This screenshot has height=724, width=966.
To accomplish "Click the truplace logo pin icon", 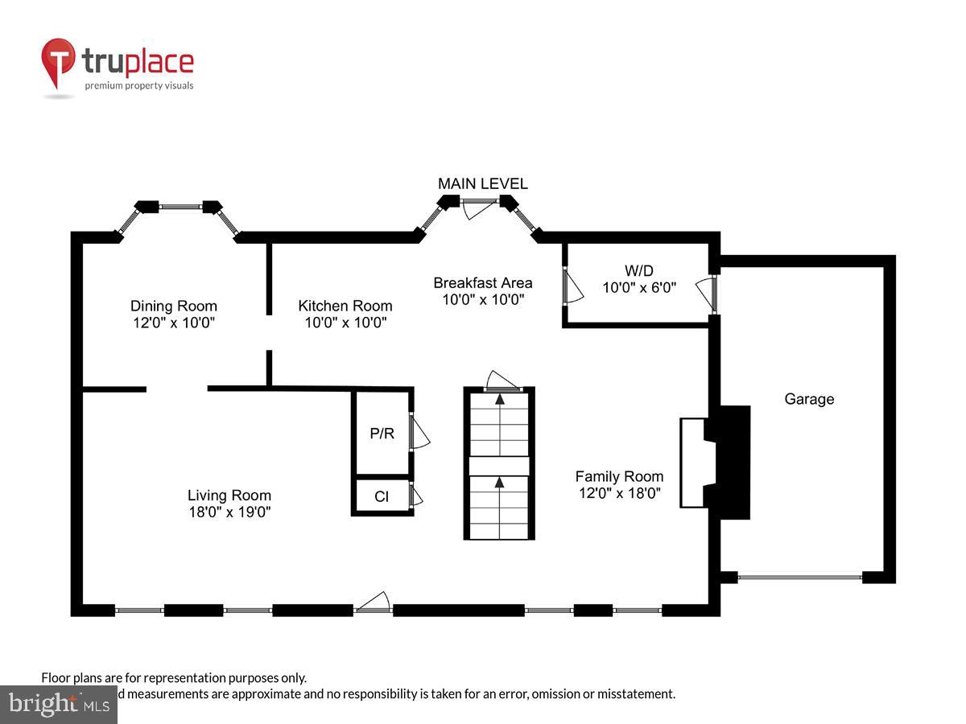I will click(x=58, y=63).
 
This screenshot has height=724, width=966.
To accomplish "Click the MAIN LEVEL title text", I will click(x=482, y=183).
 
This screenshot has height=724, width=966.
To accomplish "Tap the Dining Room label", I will click(x=174, y=306).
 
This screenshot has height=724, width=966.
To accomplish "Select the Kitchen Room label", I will click(x=345, y=306).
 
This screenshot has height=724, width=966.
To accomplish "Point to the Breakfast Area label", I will click(x=482, y=282).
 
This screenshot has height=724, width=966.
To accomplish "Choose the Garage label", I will click(x=809, y=399).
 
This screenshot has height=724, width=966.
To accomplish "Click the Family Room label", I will click(x=619, y=476).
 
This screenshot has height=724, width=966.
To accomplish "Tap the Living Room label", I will click(x=229, y=496).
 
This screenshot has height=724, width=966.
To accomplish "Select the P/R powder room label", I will click(x=382, y=434).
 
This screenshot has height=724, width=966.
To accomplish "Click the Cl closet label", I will click(x=382, y=496).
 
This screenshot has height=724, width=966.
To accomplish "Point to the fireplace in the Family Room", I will click(x=715, y=462).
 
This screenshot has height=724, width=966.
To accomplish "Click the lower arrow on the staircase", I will click(x=499, y=483).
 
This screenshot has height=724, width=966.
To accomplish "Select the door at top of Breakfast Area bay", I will click(x=480, y=208).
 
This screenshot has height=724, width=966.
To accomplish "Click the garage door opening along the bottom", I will click(x=800, y=576).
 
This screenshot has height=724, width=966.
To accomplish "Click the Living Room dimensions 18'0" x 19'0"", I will click(x=229, y=512).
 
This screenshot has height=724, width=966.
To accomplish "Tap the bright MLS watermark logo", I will click(x=58, y=704).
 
